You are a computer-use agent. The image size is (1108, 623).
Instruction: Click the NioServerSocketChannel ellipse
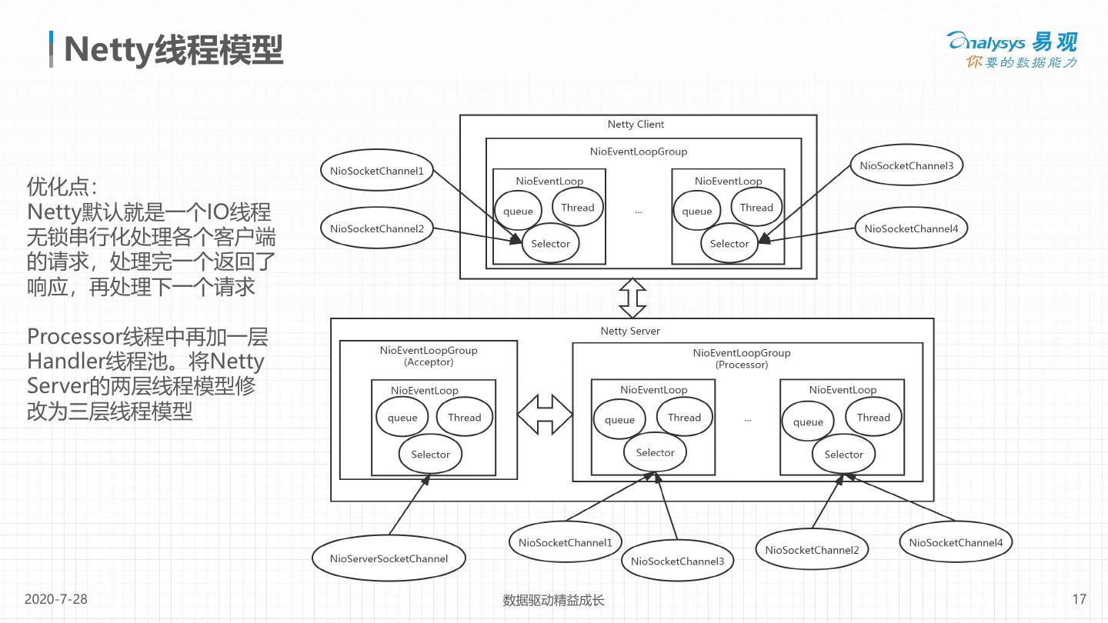(389, 559)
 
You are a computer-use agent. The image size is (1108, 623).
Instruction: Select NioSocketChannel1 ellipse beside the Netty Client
(377, 171)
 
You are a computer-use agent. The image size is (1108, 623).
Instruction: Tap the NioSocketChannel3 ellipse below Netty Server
(677, 561)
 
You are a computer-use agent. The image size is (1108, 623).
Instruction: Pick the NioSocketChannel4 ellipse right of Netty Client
(911, 228)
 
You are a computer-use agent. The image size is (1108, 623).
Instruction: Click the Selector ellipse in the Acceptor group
(430, 455)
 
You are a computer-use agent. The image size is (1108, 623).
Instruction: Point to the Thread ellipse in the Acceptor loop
(464, 418)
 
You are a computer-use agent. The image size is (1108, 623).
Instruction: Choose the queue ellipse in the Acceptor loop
(402, 418)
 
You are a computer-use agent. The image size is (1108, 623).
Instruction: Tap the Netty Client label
(636, 125)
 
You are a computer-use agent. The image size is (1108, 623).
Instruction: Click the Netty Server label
(630, 331)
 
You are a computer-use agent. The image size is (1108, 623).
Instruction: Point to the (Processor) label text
(742, 365)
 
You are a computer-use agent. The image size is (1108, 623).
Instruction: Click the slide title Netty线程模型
(174, 49)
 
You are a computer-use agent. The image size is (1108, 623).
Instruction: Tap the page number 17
(1079, 599)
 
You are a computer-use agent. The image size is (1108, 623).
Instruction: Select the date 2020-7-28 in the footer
(56, 599)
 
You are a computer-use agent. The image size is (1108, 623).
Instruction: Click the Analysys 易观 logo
(1013, 50)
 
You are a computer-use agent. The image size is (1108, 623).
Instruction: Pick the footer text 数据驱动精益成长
(553, 600)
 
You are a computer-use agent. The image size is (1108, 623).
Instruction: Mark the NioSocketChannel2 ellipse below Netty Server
(812, 550)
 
